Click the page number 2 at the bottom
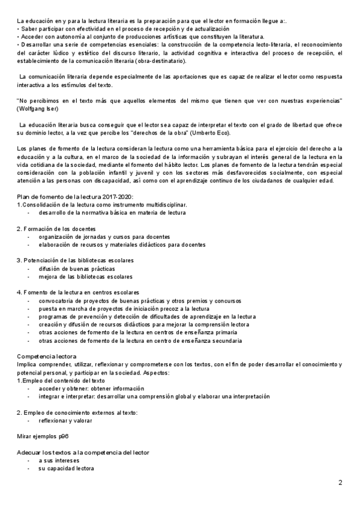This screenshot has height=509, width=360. click(340, 482)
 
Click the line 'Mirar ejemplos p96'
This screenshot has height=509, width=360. click(43, 436)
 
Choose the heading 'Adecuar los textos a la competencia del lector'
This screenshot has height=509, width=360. click(83, 451)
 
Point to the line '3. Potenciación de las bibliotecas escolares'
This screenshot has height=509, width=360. click(75, 260)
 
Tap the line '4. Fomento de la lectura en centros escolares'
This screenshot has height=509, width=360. click(77, 292)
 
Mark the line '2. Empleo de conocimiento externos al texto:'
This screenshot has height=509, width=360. click(77, 412)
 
